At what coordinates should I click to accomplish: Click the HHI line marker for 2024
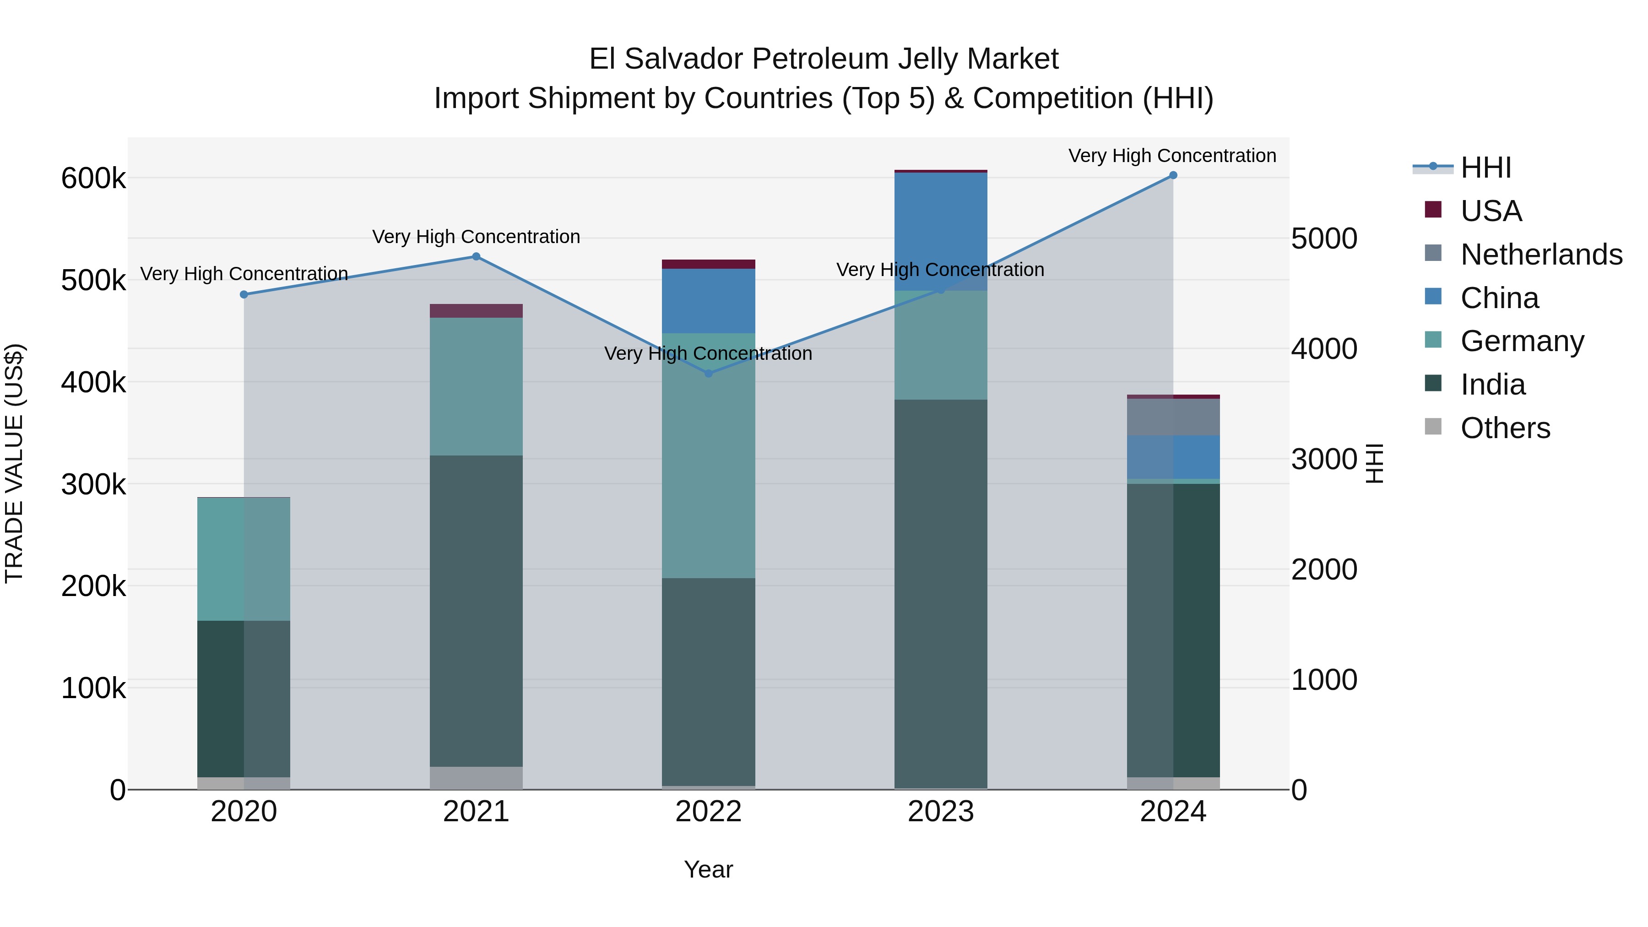click(1173, 175)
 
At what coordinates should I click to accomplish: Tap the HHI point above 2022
click(708, 374)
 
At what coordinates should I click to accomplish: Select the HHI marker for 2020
click(244, 295)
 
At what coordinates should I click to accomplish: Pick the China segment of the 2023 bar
click(940, 232)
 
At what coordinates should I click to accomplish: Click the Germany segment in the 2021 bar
click(476, 386)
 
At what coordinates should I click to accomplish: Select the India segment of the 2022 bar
click(708, 681)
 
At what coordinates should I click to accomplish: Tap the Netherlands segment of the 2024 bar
click(1173, 417)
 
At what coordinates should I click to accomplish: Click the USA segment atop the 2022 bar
click(708, 264)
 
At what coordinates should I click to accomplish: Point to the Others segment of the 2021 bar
click(476, 777)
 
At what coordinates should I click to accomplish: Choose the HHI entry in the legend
click(1485, 168)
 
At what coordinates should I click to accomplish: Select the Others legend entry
click(1505, 428)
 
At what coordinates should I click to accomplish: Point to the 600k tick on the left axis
click(93, 179)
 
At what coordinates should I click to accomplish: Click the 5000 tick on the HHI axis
click(1323, 239)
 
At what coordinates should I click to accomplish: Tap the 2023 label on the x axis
click(940, 812)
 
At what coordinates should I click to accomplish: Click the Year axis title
click(708, 869)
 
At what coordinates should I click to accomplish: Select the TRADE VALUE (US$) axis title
click(14, 463)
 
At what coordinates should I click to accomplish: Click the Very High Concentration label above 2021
click(476, 237)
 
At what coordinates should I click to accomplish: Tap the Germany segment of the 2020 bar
click(244, 559)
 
